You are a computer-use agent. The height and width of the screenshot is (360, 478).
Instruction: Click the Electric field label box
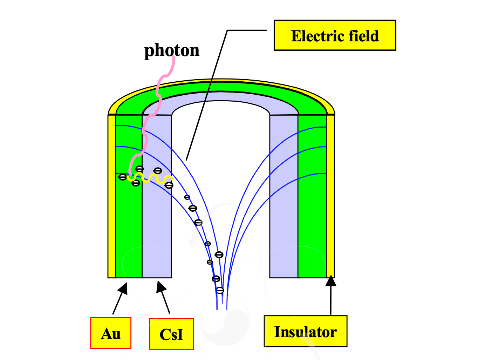[x=335, y=35]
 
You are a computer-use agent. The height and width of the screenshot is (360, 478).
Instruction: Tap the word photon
[x=172, y=50]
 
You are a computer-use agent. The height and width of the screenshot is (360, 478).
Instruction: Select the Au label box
[x=111, y=333]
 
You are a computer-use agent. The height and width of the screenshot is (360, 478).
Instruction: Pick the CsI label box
[x=171, y=334]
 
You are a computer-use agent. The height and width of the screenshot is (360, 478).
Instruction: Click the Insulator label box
[x=305, y=331]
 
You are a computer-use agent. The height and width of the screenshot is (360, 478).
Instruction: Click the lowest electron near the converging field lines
[x=220, y=290]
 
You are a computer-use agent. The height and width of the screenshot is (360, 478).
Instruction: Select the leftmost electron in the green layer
[x=123, y=177]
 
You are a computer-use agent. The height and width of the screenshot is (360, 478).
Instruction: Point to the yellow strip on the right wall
[x=330, y=196]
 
